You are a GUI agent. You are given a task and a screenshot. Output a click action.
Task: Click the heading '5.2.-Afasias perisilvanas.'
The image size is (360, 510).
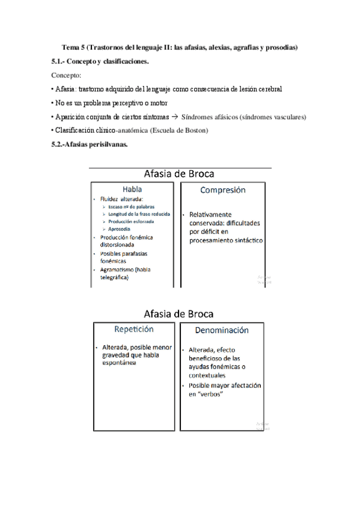(x=90, y=144)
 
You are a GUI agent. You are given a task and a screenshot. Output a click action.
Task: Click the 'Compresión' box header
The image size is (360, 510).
(x=222, y=189)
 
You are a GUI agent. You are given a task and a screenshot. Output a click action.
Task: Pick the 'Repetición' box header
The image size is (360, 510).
(x=134, y=329)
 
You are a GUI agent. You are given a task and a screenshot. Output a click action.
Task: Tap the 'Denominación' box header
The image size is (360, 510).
(x=222, y=330)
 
